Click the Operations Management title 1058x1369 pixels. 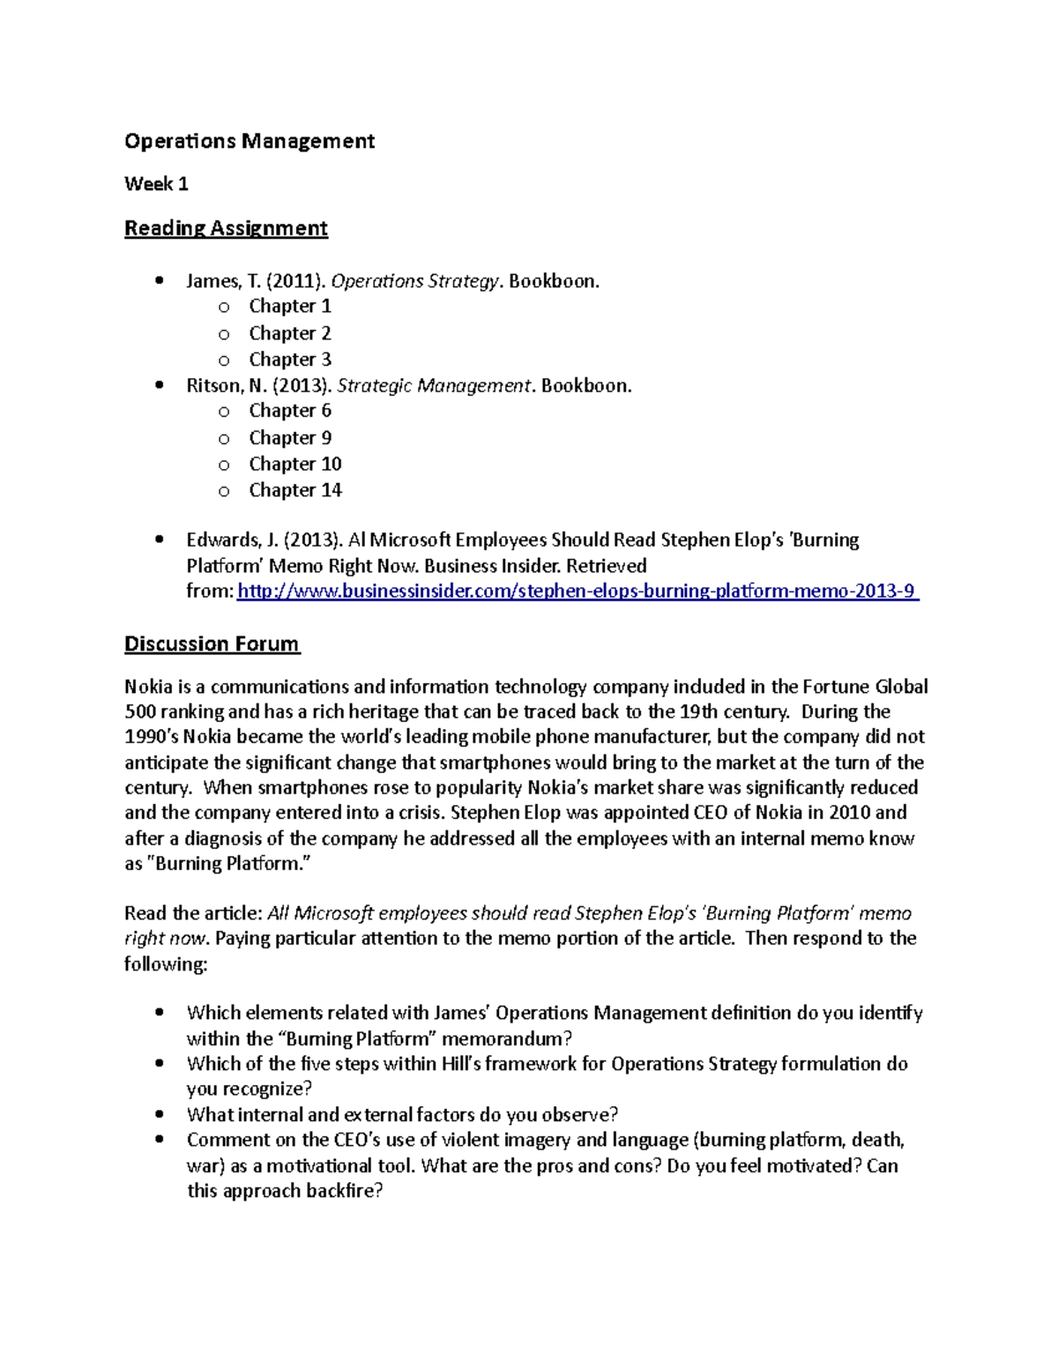pos(250,141)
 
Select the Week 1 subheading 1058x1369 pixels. pos(156,184)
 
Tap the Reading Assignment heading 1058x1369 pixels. pos(226,228)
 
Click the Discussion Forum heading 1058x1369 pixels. pos(212,644)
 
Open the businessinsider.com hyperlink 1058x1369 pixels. pos(577,591)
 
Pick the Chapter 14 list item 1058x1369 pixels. pos(294,490)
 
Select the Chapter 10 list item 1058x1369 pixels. pos(294,464)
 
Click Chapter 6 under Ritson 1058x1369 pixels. pos(290,411)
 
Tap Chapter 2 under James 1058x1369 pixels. pos(290,333)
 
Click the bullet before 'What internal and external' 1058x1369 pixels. pos(159,1114)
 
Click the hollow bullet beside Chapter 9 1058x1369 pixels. pos(224,438)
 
